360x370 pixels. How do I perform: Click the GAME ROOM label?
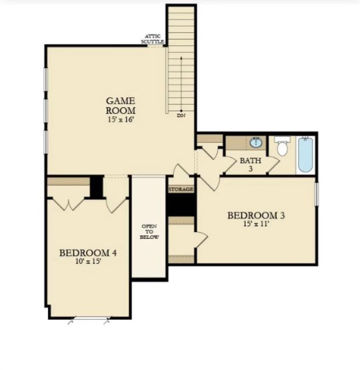[120, 106]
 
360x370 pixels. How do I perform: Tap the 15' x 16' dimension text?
[121, 119]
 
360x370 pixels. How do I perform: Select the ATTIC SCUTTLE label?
[152, 39]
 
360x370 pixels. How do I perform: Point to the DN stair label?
[181, 116]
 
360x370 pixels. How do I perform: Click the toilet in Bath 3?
[282, 146]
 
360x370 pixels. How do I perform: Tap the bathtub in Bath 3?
[306, 155]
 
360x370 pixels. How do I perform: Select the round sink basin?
[256, 143]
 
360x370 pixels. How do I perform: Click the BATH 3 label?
[251, 164]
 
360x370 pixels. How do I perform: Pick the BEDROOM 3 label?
[256, 215]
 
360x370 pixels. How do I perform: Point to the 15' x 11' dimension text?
[256, 224]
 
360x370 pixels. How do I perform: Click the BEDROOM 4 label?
[88, 253]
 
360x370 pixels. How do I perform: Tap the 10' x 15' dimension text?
[88, 261]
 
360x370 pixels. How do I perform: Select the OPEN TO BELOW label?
[149, 231]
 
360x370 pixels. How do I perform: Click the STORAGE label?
[181, 189]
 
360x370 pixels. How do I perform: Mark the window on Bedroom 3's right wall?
[317, 194]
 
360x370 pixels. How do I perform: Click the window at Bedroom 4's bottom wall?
[89, 319]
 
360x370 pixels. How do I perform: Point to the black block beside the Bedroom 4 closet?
[96, 187]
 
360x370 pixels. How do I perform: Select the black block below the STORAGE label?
[181, 204]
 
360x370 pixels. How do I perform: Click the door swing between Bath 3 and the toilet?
[273, 165]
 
